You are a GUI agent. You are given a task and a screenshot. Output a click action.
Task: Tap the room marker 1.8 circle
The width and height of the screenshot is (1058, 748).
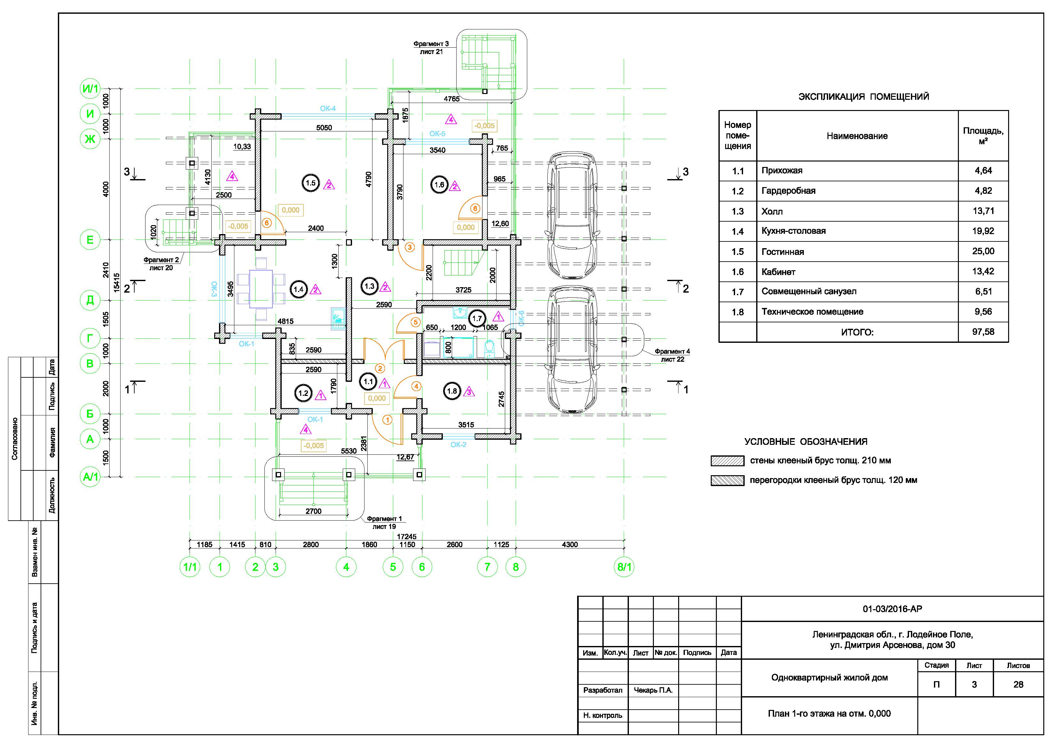tap(451, 391)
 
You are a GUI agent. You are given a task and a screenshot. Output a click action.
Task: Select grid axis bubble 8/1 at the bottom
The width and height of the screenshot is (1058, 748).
tap(624, 567)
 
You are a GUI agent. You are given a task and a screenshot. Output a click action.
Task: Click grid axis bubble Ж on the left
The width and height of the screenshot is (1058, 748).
tap(90, 139)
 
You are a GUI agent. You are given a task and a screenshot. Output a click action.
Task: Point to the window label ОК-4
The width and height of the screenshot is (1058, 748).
tap(328, 109)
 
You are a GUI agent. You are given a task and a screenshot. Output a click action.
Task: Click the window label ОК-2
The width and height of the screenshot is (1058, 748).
tap(458, 445)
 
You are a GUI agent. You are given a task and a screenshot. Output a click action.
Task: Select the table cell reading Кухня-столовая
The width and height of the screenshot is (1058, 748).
tap(794, 231)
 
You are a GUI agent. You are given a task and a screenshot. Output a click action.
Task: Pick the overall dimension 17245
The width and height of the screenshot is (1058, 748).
tap(406, 537)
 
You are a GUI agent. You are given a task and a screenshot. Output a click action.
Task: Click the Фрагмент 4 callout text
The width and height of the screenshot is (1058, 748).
tap(672, 355)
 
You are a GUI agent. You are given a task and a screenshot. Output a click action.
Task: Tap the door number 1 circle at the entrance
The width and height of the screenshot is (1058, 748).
tap(387, 420)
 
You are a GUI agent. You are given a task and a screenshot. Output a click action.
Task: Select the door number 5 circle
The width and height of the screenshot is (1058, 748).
tap(416, 322)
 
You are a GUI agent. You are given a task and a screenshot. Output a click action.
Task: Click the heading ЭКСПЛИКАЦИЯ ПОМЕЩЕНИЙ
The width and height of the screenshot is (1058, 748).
tap(864, 97)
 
